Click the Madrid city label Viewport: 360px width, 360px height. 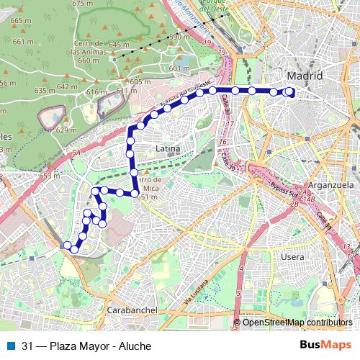click(x=304, y=76)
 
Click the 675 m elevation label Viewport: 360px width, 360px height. click(x=83, y=4)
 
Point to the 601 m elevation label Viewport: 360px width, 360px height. click(x=179, y=68)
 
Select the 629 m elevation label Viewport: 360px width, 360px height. click(x=66, y=130)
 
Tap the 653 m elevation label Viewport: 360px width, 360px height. click(x=50, y=176)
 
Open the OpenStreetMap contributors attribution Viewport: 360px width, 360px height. click(x=297, y=323)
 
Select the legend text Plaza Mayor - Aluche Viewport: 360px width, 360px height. click(x=86, y=346)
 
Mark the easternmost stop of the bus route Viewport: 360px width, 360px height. click(x=290, y=91)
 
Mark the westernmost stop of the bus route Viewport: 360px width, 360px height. click(x=68, y=246)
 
